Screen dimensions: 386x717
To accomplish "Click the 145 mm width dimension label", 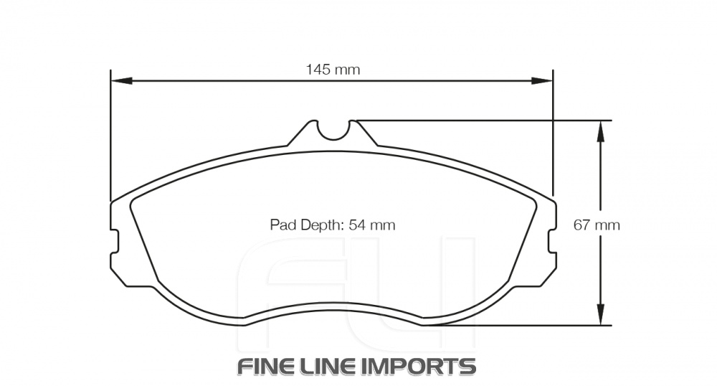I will [332, 70].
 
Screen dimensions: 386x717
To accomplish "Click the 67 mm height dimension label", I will [597, 225].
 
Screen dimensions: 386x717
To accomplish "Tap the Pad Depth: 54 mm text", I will [333, 225].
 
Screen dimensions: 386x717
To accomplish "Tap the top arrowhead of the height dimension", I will [602, 127].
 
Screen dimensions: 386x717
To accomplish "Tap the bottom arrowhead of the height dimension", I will [602, 317].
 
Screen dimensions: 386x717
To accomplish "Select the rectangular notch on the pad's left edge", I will [115, 240].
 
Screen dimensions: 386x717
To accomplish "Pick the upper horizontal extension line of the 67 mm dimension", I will [488, 120].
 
